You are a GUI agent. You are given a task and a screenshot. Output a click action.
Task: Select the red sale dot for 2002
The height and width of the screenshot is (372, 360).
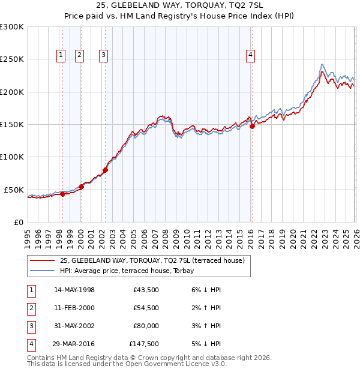105,170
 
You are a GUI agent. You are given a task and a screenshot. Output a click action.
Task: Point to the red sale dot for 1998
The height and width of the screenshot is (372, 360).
62,194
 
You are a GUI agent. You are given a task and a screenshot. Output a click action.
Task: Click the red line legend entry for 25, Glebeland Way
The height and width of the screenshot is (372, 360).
152,261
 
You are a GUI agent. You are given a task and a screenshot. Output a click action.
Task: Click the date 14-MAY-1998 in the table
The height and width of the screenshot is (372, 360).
74,290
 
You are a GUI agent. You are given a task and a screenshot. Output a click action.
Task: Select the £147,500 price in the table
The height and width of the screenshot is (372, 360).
144,344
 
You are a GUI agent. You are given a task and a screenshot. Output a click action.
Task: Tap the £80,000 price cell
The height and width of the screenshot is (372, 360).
146,326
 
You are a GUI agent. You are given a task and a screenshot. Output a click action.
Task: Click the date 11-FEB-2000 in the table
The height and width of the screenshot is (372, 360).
74,308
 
